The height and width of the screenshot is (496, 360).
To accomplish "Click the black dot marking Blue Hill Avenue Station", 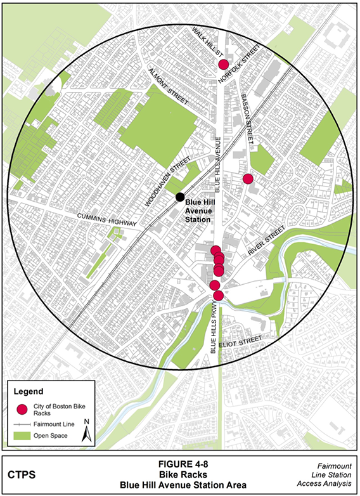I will click(181, 197).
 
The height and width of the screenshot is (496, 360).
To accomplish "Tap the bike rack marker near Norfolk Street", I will click(223, 65).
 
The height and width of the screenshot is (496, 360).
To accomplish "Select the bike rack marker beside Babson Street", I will click(248, 179).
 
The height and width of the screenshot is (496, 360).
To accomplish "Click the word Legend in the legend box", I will click(28, 391).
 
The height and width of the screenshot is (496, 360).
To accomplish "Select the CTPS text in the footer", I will click(22, 474).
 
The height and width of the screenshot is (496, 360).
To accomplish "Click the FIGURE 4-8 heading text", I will click(180, 463).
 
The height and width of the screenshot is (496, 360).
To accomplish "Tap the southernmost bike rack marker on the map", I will click(219, 296).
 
